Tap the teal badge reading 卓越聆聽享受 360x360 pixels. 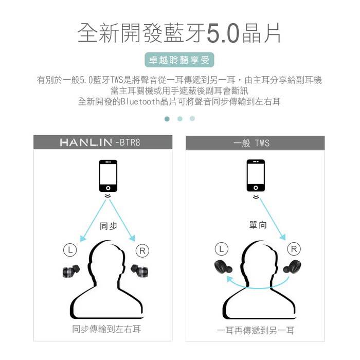coord(179,60)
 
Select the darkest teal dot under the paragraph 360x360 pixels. coord(167,119)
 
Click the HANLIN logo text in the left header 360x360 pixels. coord(86,142)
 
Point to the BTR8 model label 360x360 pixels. coord(130,142)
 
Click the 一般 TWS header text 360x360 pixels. coord(251,143)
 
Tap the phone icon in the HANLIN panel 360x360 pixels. coord(108,176)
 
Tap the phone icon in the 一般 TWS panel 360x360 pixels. coord(256,176)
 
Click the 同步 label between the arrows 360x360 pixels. coord(109,226)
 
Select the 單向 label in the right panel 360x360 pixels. coord(258,225)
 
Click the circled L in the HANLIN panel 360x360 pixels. coord(70,249)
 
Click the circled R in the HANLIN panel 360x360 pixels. coord(142,251)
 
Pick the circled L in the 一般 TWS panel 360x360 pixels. coord(222,249)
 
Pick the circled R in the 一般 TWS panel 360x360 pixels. coord(294,249)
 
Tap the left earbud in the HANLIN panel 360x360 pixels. coord(71,271)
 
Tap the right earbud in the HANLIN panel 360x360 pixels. coord(139,271)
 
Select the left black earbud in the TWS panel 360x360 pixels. coord(223,267)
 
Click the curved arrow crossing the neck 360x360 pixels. coord(257,287)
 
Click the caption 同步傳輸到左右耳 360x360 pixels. coord(106,329)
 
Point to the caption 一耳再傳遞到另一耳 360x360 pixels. coord(256,330)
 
